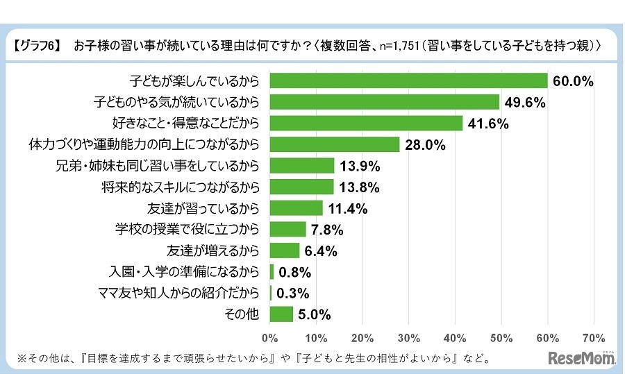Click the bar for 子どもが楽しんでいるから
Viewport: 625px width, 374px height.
click(408, 80)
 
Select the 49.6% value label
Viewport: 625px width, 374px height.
click(525, 103)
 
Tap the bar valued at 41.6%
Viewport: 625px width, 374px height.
click(366, 124)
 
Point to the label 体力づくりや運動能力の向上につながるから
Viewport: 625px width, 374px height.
click(144, 145)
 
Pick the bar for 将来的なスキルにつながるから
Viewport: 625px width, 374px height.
click(302, 187)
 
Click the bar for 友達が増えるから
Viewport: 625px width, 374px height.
click(284, 250)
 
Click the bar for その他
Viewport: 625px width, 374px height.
click(281, 314)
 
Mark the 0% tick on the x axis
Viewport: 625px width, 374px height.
click(270, 338)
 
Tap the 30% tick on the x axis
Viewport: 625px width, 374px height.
click(409, 338)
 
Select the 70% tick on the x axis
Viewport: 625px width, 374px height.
click(594, 338)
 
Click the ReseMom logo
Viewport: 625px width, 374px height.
click(578, 358)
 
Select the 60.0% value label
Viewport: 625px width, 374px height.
click(573, 81)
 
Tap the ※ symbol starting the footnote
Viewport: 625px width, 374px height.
click(20, 359)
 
